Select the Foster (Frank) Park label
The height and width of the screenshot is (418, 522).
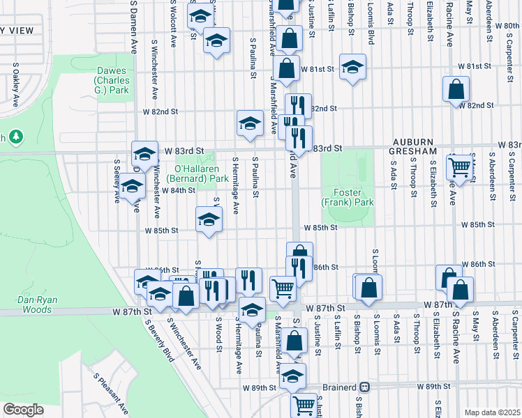[x=348, y=197]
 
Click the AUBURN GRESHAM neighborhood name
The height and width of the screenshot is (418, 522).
[x=409, y=146]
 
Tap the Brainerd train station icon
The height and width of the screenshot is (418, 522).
[x=364, y=387]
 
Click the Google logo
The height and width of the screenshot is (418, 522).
[x=22, y=410]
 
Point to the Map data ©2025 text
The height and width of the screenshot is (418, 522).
[x=491, y=412]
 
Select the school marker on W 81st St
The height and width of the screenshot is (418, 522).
[x=353, y=68]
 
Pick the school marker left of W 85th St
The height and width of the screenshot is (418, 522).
[x=208, y=219]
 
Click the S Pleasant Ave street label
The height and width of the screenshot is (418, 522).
[x=112, y=394]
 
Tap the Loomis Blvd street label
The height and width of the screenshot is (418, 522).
[x=371, y=28]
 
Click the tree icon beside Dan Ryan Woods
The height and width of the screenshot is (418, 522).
[x=17, y=137]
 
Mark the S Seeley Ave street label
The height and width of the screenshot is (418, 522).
[x=117, y=181]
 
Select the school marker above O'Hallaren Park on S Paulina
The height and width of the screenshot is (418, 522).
[x=249, y=123]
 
